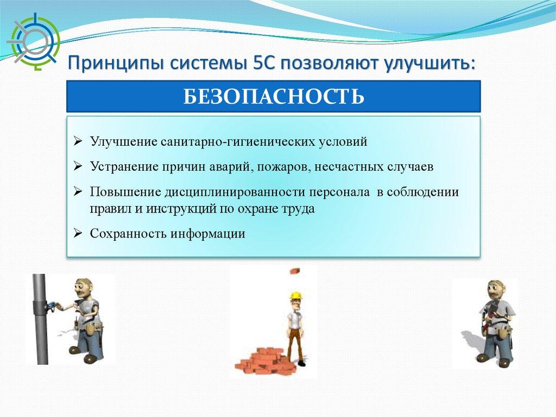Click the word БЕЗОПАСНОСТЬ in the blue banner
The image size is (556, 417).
point(274,96)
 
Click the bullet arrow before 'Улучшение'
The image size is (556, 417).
point(78,141)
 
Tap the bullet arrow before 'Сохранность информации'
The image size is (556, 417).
point(78,233)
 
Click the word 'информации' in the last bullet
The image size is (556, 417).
point(207,234)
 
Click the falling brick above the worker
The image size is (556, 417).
point(296,271)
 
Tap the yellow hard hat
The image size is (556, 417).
point(295,296)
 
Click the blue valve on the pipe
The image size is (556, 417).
point(50,306)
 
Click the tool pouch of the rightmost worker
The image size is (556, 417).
point(503,333)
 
